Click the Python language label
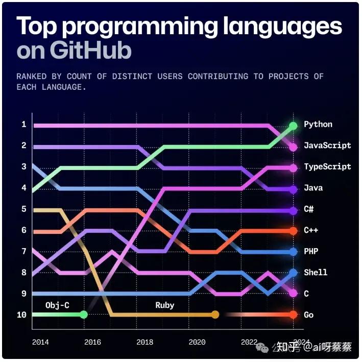coord(318,124)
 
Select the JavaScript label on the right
coord(327,146)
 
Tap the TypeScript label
coord(327,166)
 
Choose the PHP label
coord(310,251)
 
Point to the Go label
coord(308,315)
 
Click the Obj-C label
coord(58,305)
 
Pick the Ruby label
coord(164,305)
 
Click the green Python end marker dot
coord(293,126)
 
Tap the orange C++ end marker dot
coord(293,231)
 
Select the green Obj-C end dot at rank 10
coord(84,315)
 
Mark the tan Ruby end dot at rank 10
coord(215,315)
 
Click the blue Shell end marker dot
coord(293,273)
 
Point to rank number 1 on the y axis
coord(23,125)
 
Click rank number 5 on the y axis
coord(23,209)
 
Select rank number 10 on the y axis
coord(21,315)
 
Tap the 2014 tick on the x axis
coord(40,342)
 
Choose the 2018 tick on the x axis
coord(145,342)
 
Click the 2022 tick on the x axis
coord(249,342)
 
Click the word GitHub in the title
coord(91,51)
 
